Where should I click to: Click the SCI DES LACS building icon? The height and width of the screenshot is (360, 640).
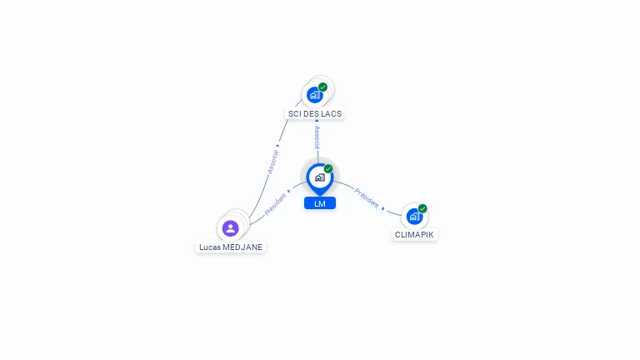click(x=314, y=95)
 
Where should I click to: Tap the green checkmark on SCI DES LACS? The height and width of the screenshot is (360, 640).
click(x=322, y=87)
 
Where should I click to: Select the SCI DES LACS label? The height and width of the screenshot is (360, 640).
click(x=315, y=114)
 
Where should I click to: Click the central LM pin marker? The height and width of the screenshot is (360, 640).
click(x=320, y=179)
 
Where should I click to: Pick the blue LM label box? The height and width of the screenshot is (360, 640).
click(x=320, y=203)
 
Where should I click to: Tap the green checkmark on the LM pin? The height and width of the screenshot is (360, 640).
click(x=328, y=168)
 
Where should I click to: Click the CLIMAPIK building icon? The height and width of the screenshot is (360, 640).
click(x=414, y=217)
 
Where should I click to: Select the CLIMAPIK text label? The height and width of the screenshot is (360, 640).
click(x=414, y=235)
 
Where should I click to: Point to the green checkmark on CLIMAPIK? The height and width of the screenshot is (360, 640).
click(x=422, y=208)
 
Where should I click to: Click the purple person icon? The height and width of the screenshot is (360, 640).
click(x=231, y=228)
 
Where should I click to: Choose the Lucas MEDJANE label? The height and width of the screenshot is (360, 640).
click(x=231, y=247)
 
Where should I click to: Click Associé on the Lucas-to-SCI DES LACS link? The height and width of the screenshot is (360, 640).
click(x=273, y=162)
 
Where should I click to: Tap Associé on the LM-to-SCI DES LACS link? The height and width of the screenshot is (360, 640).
click(x=317, y=137)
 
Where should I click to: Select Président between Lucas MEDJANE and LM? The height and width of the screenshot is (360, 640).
click(x=276, y=204)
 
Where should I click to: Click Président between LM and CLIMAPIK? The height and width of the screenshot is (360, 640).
click(x=367, y=197)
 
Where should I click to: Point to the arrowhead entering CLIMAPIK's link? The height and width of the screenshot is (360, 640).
click(x=382, y=208)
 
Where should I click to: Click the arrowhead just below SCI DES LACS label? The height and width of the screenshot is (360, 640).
click(x=317, y=121)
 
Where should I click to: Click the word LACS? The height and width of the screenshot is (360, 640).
click(x=332, y=114)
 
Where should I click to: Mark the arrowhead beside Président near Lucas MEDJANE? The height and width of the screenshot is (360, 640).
click(x=289, y=191)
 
